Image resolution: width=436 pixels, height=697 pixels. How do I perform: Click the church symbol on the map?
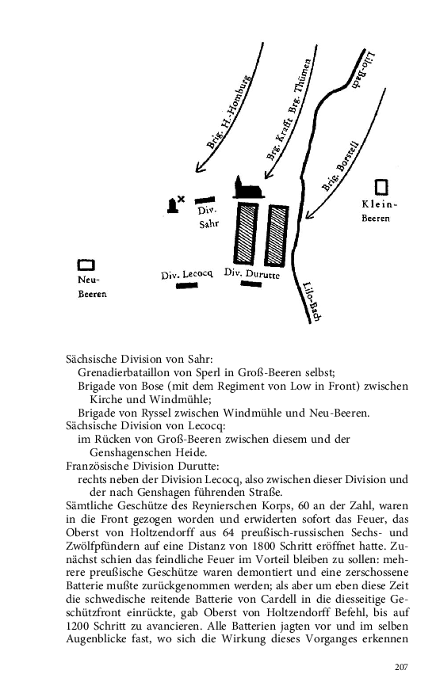tap(248, 189)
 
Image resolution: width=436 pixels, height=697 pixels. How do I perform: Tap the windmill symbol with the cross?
tap(175, 204)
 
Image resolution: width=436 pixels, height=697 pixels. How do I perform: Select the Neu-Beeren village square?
tap(86, 265)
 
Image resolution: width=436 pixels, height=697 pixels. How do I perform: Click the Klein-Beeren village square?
tap(381, 187)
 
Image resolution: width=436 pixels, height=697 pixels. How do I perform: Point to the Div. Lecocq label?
tap(187, 274)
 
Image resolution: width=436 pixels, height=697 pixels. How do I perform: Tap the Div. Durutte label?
tap(252, 273)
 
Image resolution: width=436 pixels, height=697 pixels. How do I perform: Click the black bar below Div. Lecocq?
tap(187, 286)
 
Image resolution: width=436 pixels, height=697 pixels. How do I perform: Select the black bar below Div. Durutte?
tap(251, 284)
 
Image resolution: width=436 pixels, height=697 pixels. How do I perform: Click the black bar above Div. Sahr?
tap(205, 200)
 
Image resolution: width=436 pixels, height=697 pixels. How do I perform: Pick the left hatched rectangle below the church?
tap(246, 234)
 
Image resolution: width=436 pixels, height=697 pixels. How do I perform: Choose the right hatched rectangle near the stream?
tap(277, 235)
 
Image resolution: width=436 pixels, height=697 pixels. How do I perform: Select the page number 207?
tap(401, 667)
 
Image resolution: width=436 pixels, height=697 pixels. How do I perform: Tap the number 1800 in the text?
tap(265, 546)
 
